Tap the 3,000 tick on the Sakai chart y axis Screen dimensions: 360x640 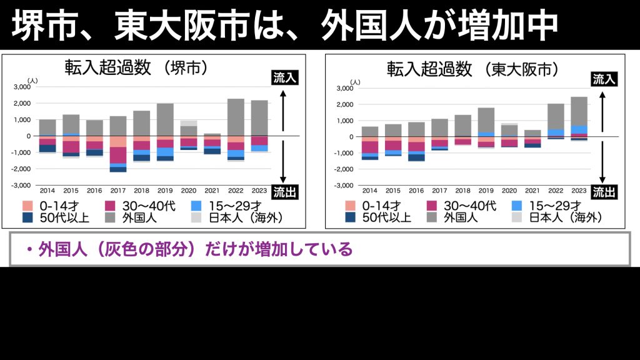(21, 87)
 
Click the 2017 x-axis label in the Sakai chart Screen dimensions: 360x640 (118, 190)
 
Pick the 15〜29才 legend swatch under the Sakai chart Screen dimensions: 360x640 (197, 205)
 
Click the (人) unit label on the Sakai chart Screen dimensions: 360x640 (33, 81)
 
